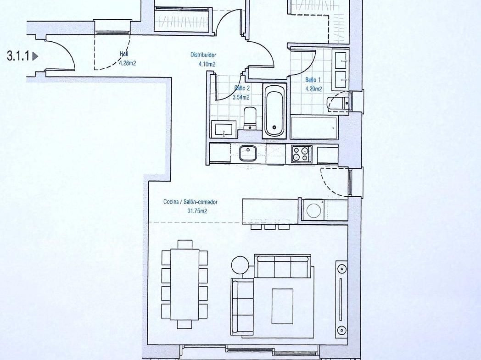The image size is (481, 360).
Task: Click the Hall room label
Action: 124,54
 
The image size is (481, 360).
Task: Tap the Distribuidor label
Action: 203,55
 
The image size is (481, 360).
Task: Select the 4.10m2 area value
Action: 207,64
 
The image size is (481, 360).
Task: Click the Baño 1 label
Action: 313,80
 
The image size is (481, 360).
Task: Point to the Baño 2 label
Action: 242,88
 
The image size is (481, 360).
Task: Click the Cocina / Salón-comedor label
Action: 190,202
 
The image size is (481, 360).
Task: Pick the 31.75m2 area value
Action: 197,211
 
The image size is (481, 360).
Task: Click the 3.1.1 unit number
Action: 18,56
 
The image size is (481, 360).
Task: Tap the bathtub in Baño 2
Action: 274,111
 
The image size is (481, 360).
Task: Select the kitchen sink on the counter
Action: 248,153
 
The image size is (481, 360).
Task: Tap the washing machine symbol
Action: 313,210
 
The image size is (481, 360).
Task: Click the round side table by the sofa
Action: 240,265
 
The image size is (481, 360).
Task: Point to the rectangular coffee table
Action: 282,306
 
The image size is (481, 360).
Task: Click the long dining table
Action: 185,284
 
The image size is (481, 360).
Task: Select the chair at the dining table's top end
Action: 185,244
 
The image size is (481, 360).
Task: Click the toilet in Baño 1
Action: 339,103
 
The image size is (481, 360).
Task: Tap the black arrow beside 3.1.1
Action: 35,56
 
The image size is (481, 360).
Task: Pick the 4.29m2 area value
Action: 313,89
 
